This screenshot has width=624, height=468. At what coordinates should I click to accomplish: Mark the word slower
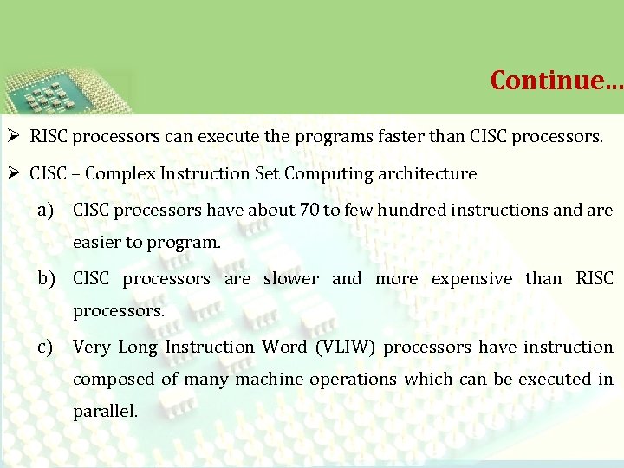(290, 279)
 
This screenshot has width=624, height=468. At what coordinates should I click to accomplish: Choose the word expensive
(471, 279)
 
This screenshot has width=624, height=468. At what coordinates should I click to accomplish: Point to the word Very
(91, 347)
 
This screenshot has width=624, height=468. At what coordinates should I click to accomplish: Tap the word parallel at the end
(105, 412)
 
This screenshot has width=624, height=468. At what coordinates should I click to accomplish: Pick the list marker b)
(47, 279)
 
